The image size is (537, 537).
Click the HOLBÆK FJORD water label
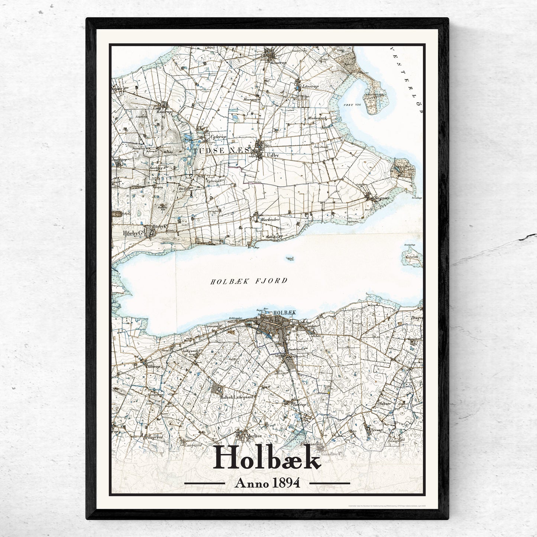pyautogui.click(x=249, y=281)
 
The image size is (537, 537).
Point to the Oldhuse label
pyautogui.click(x=384, y=403)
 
